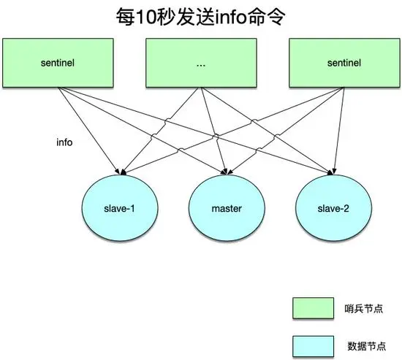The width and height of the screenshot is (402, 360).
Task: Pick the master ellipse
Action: click(x=226, y=209)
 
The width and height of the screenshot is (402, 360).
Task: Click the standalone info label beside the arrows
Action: click(x=64, y=142)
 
